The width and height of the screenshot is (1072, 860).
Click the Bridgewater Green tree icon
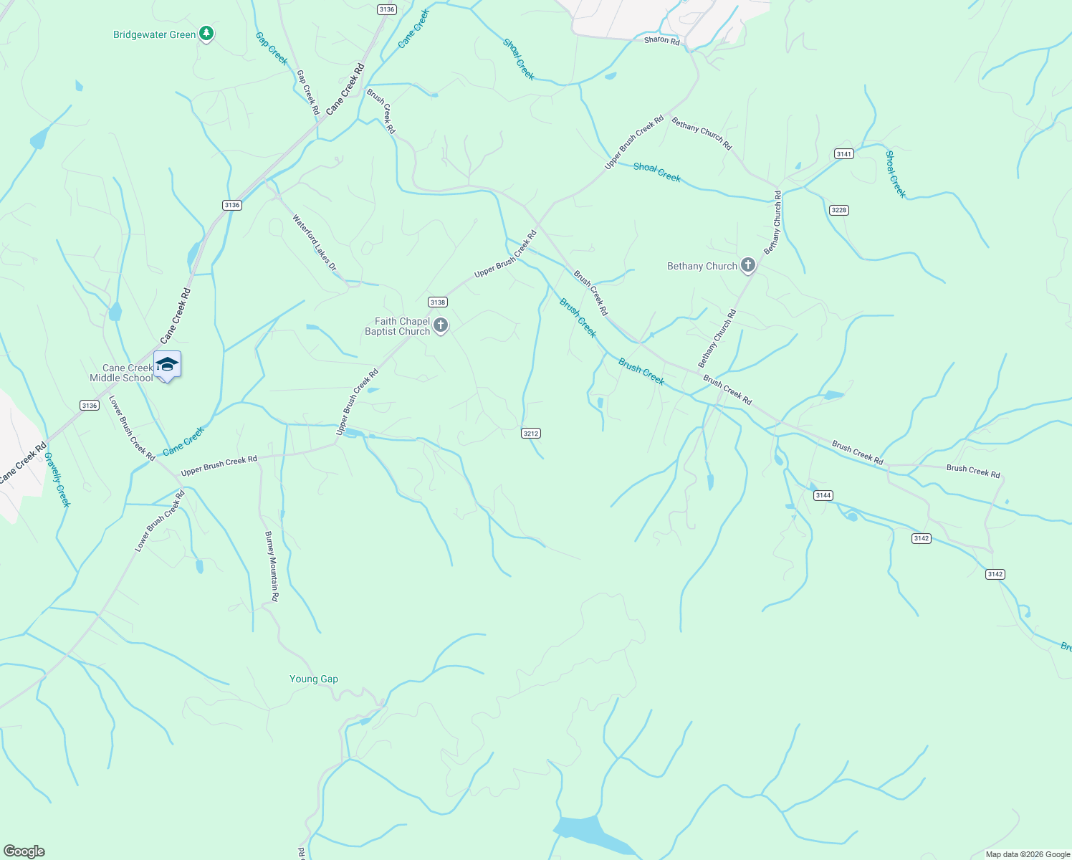206,34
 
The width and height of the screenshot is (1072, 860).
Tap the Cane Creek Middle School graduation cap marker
167,365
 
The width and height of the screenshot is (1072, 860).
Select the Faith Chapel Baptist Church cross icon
441,326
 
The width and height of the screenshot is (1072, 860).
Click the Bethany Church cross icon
747,266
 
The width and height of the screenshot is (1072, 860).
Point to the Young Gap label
313,679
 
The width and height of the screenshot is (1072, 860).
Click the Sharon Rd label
661,40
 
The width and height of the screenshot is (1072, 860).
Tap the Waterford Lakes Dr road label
314,242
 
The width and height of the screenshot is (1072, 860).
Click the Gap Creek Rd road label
308,92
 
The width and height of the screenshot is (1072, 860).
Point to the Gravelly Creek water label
57,479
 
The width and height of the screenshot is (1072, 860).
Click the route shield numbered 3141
843,154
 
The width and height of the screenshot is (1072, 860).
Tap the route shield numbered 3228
838,210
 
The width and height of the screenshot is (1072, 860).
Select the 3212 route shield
530,434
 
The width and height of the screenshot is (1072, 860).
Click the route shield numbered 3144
823,495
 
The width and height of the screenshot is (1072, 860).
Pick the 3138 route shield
437,302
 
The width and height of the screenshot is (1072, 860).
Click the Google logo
24,851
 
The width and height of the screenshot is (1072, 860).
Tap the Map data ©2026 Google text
1027,854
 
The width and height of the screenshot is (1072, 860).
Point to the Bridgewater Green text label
154,34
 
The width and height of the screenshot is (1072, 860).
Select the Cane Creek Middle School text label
121,373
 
